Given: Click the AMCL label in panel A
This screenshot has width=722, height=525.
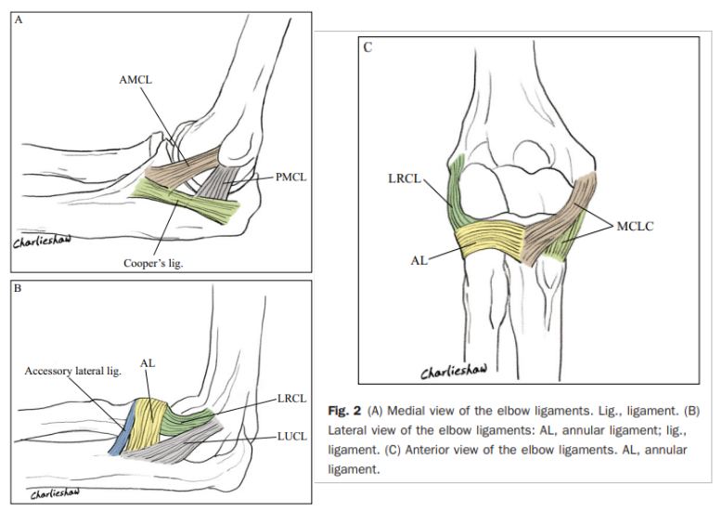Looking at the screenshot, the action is point(135,79).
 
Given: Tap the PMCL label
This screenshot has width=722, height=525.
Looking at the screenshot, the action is point(291,177).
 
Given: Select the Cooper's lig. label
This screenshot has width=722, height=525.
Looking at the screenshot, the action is point(153,264).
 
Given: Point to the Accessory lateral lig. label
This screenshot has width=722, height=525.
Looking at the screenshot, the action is point(72,371).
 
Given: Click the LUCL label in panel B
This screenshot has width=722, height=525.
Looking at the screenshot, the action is point(292,436).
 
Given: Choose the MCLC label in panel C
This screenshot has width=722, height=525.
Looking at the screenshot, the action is point(635,226).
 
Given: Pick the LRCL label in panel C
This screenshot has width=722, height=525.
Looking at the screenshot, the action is point(405,178).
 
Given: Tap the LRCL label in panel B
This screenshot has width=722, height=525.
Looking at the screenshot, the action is point(292,399).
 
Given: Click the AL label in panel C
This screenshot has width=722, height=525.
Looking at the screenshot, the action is point(419,260).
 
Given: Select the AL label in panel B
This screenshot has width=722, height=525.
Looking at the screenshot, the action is point(148,363).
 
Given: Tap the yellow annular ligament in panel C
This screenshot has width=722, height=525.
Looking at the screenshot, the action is point(490,238).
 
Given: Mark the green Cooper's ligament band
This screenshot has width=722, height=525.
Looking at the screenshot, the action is point(184,202).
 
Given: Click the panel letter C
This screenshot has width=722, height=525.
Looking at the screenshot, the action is point(367,47).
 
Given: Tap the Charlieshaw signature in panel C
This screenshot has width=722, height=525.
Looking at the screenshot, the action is point(454,371).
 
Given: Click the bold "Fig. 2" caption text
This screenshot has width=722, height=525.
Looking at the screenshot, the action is point(344,410).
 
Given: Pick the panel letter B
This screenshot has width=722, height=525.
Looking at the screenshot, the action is point(18,289).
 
